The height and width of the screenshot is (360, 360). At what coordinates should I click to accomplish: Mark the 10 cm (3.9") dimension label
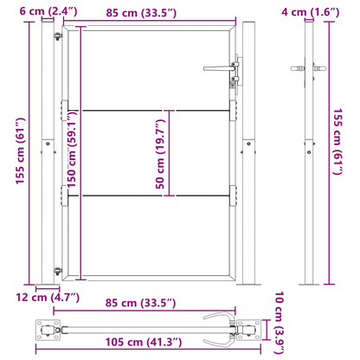click(279, 319)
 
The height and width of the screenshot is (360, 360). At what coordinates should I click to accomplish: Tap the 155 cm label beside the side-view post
click(340, 152)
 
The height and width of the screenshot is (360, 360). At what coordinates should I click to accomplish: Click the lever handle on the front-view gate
click(218, 66)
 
